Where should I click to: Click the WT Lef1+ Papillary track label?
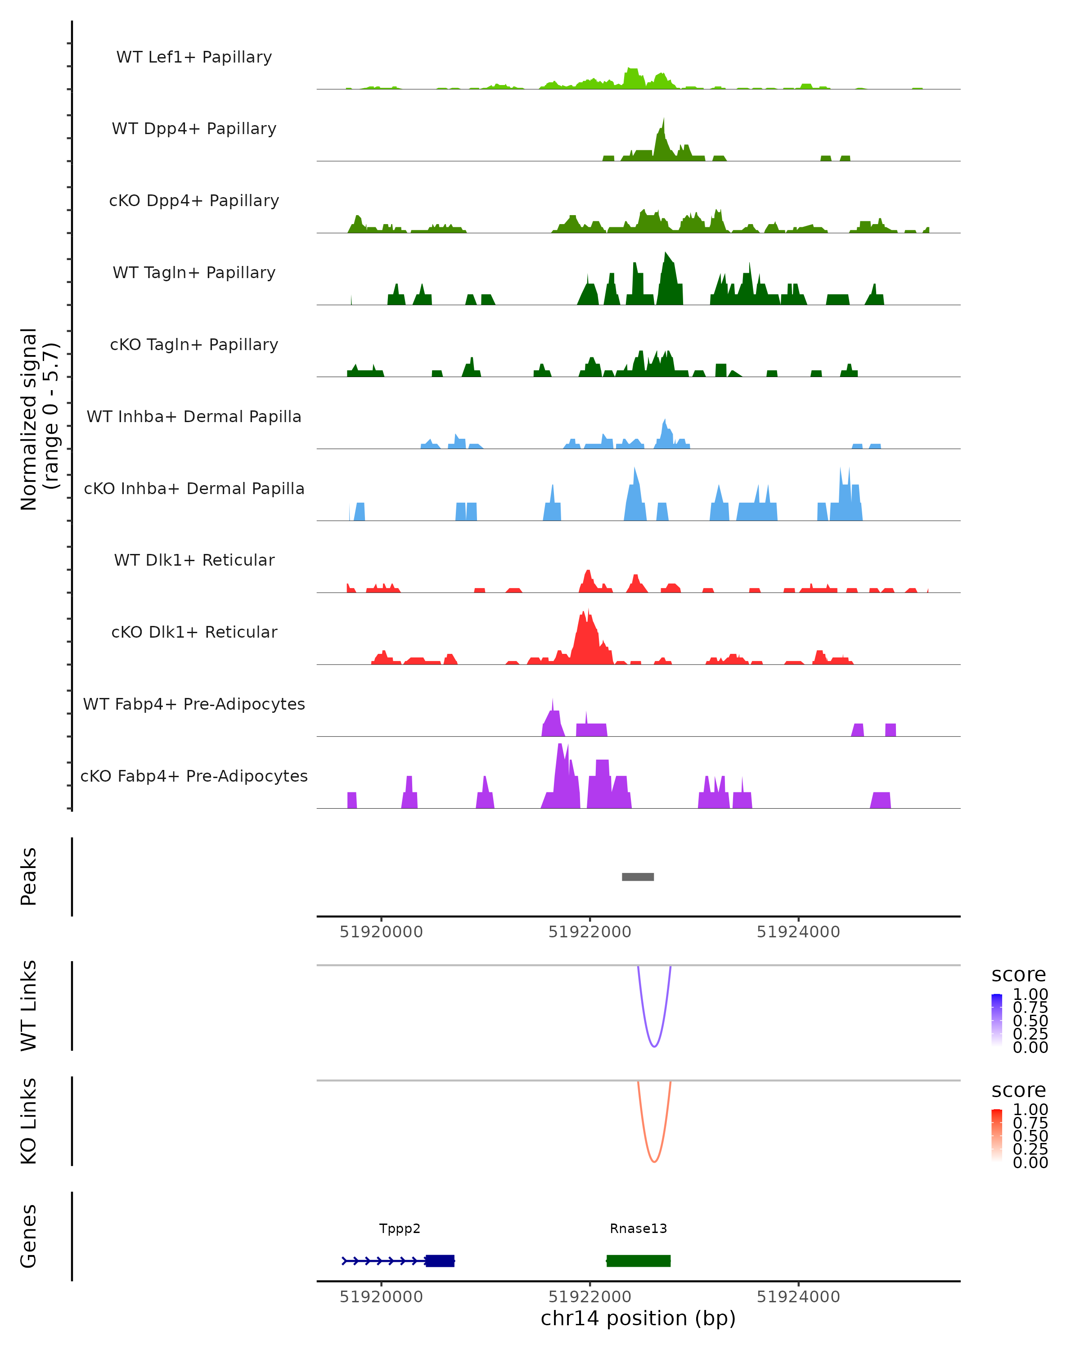click(194, 57)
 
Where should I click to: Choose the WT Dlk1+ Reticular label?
click(194, 560)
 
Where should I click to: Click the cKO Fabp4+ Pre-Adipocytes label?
click(194, 776)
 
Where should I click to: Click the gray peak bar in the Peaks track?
click(637, 877)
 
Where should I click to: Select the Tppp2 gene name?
click(400, 1228)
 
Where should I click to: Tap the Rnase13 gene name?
click(638, 1228)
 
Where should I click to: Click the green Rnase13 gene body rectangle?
click(638, 1260)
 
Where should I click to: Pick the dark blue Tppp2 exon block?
click(440, 1260)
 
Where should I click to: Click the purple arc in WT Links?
click(654, 1046)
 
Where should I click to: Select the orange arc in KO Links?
click(654, 1161)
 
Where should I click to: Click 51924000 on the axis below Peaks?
click(798, 932)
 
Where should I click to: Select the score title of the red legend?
click(1018, 1090)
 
